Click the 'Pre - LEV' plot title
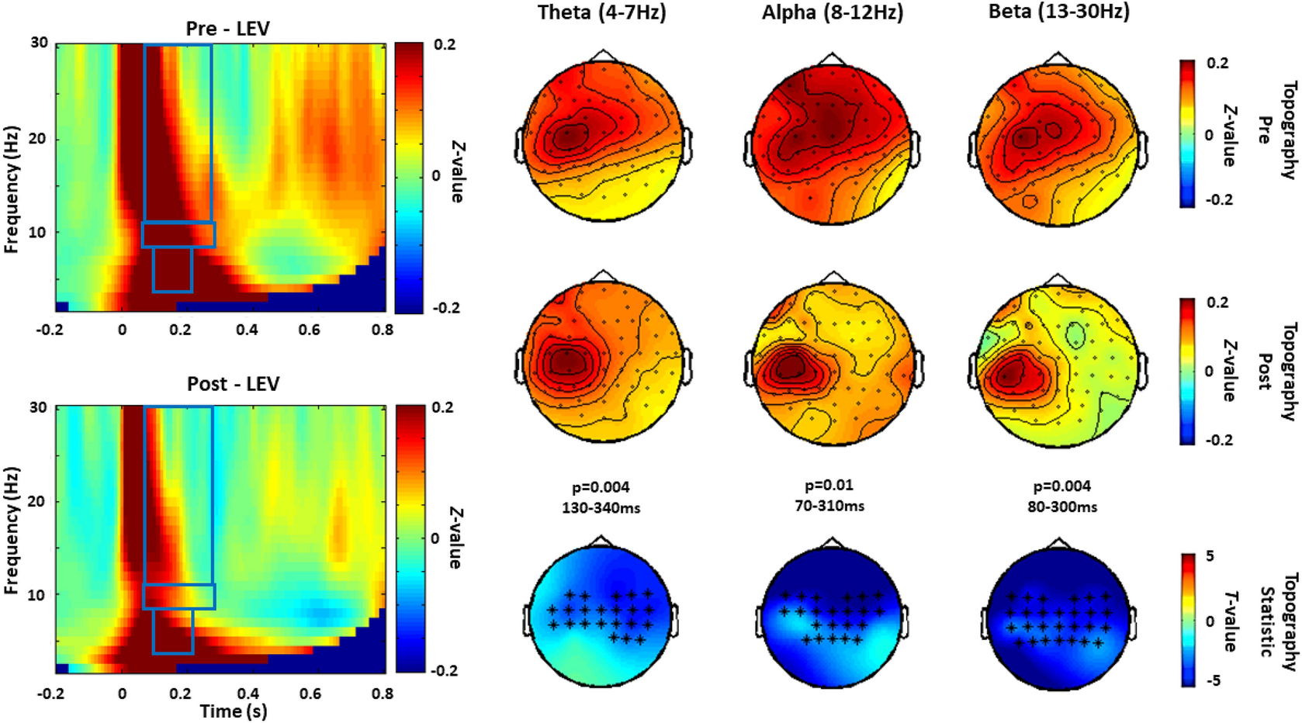pos(227,29)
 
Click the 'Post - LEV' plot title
pos(233,384)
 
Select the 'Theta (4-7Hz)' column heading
pos(601,12)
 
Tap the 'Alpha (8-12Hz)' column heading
pos(833,12)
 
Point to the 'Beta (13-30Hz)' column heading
pos(1058,12)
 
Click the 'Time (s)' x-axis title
pos(233,711)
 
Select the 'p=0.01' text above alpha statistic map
pos(829,486)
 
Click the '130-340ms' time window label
pos(601,508)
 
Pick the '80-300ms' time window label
pos(1061,507)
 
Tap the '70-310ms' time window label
pos(829,506)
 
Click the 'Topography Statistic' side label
pos(1276,621)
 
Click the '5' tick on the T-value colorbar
pos(1210,556)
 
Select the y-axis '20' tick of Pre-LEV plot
pos(38,139)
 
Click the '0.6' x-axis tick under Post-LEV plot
pos(310,693)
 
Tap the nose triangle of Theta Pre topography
pos(603,57)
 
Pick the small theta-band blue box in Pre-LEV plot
pos(172,269)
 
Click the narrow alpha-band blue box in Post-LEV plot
pos(178,597)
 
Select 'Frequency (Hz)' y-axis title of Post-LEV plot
pos(11,531)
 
